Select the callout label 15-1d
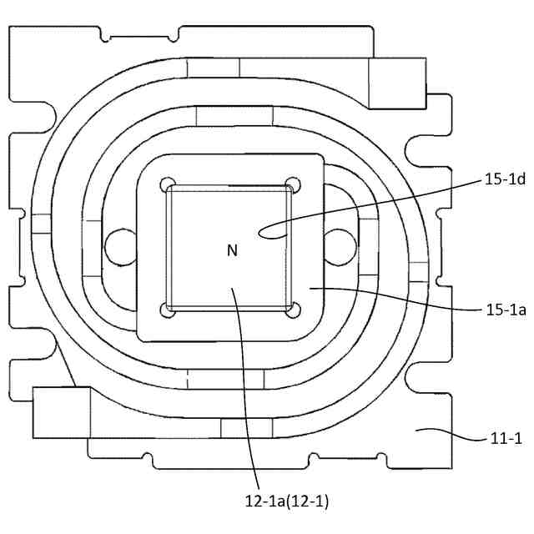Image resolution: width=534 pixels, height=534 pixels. [x=506, y=179]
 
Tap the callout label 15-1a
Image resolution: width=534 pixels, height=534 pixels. [x=506, y=310]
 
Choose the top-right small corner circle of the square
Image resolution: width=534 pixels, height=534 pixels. [x=291, y=184]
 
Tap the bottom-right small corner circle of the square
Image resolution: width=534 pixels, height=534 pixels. [x=291, y=310]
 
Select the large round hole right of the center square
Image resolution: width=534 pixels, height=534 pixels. [x=340, y=245]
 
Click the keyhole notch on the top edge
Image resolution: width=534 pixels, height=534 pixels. [x=103, y=35]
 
